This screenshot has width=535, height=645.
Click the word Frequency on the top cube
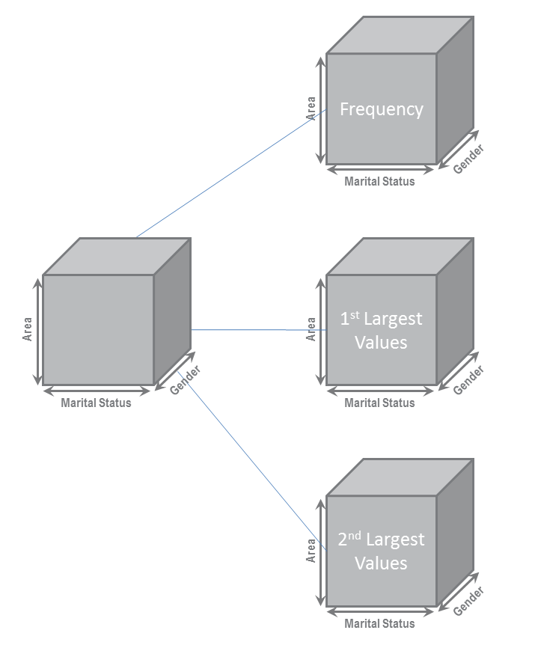(x=381, y=109)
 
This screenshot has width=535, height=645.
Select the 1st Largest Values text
(x=381, y=330)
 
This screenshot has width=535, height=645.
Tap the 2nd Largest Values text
(x=381, y=551)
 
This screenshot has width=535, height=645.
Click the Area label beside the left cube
(x=28, y=330)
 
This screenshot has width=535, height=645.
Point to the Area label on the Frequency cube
(x=311, y=108)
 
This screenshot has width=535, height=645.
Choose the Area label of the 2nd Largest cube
(x=311, y=551)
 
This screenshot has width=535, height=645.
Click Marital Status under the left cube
(x=96, y=403)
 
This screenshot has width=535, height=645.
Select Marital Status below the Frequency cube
(x=379, y=181)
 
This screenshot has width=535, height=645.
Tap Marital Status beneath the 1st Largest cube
(x=379, y=403)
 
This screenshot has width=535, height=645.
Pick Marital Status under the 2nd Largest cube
(x=379, y=623)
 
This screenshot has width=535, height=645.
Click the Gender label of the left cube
(x=185, y=380)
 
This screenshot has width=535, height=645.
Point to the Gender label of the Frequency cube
(x=468, y=159)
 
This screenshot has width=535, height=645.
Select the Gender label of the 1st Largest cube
(x=468, y=380)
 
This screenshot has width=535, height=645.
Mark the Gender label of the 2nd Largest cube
(x=468, y=601)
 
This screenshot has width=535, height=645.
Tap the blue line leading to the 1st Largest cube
(x=254, y=329)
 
